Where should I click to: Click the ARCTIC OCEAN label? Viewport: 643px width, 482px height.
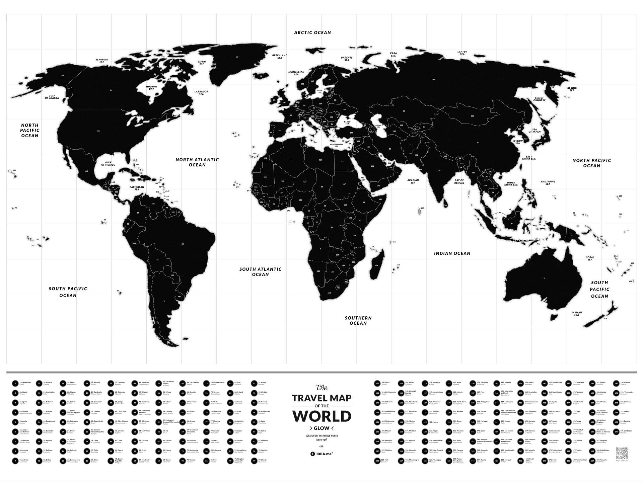click(x=312, y=32)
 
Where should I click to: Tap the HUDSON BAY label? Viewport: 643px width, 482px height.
click(x=151, y=88)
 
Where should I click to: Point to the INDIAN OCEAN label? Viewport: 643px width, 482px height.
click(x=452, y=253)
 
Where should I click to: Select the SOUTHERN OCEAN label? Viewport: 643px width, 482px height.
click(x=358, y=320)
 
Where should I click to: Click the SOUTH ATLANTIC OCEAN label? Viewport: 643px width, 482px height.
click(x=260, y=272)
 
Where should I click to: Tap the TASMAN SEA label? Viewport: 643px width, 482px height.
click(x=576, y=314)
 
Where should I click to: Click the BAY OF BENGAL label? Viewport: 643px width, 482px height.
click(x=459, y=182)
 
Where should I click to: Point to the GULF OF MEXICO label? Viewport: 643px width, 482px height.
click(x=108, y=164)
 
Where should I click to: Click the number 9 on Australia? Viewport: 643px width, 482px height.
click(x=544, y=278)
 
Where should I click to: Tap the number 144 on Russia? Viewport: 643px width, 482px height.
click(x=434, y=79)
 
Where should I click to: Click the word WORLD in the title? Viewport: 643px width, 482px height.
click(x=321, y=416)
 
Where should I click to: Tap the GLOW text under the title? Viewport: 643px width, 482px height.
click(x=321, y=428)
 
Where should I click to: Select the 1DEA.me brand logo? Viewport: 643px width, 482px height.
click(x=321, y=454)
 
